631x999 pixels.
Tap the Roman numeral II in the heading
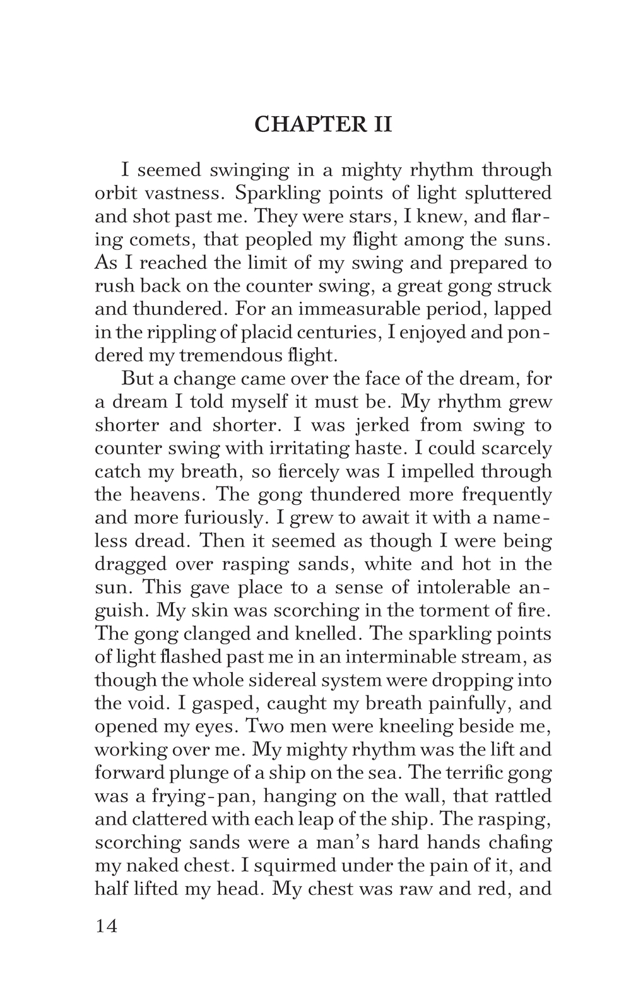(x=378, y=124)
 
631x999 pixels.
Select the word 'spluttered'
(x=512, y=193)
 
